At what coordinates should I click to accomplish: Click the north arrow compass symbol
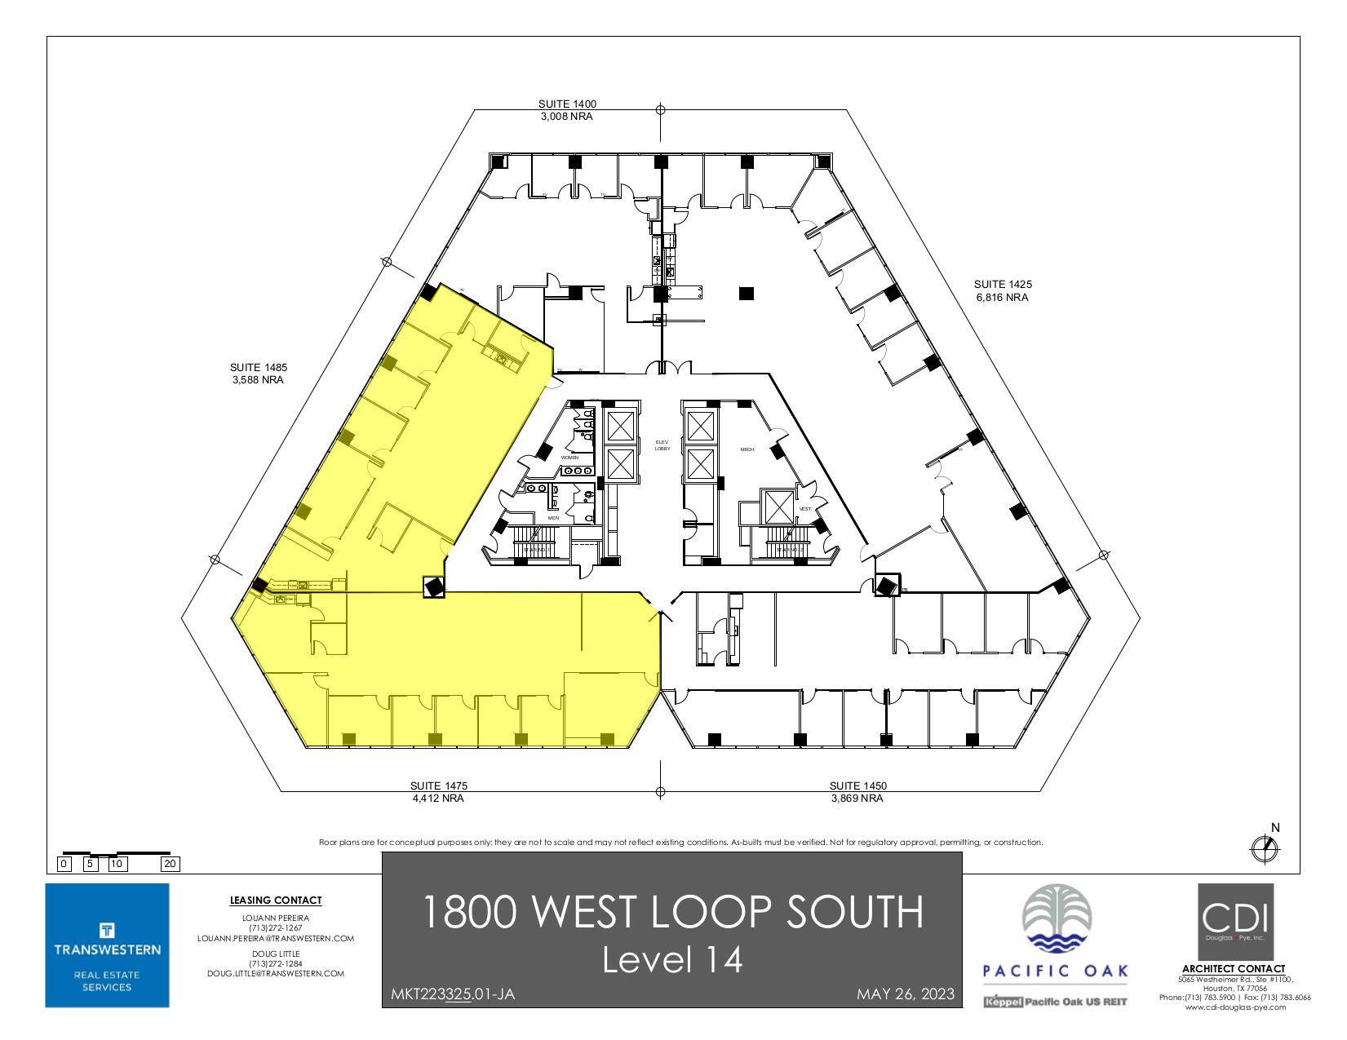click(1264, 849)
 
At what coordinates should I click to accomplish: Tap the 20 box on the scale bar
click(171, 864)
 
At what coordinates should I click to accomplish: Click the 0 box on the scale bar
click(64, 864)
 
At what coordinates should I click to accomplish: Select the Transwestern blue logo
click(107, 945)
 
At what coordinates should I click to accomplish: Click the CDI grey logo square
click(1234, 921)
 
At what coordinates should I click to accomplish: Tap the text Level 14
click(672, 959)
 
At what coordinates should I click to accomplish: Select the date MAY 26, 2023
click(905, 994)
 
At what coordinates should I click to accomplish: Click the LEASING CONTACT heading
click(276, 901)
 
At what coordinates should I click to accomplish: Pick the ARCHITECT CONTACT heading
click(1233, 969)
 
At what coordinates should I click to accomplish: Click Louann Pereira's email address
click(276, 938)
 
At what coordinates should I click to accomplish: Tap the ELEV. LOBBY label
click(662, 445)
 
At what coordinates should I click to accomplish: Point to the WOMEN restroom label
click(569, 458)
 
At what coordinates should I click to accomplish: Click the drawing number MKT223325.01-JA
click(453, 994)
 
